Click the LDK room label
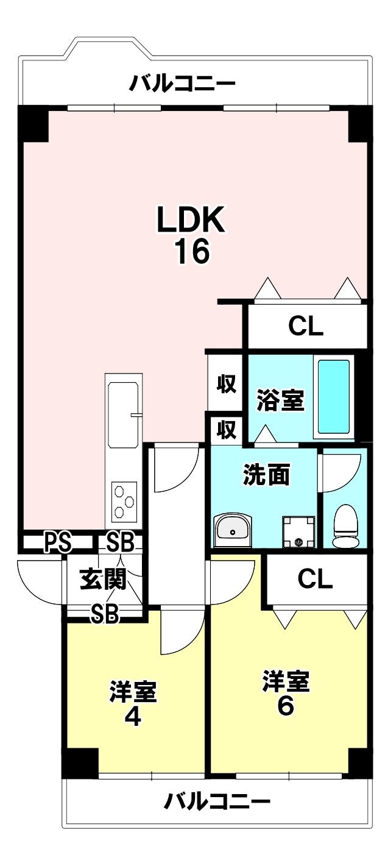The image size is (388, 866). point(191,219)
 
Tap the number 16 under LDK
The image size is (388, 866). point(192,251)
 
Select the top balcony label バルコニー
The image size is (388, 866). point(182,83)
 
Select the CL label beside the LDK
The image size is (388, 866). point(306,327)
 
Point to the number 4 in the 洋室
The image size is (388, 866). point(133,718)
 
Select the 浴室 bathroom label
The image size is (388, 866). point(281,400)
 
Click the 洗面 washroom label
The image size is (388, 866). point(266,474)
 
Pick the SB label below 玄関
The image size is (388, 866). point(105,614)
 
